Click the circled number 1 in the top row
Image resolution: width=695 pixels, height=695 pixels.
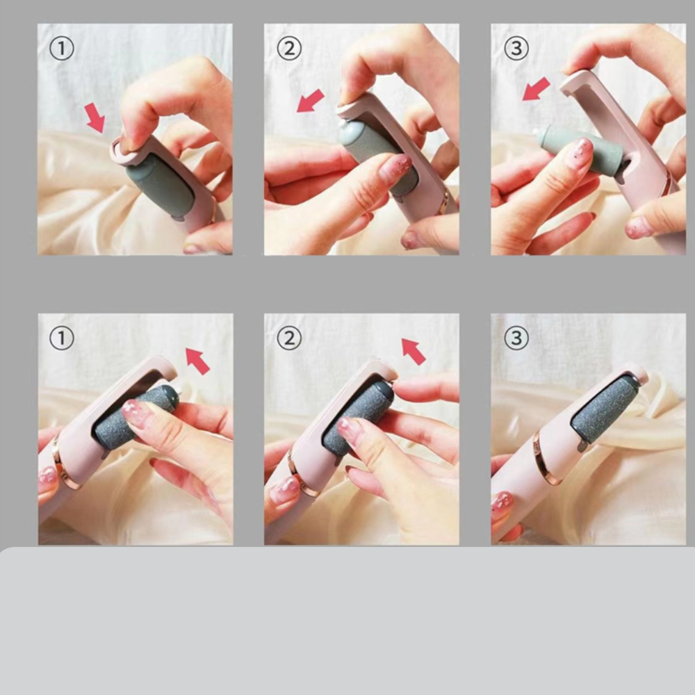click(x=62, y=49)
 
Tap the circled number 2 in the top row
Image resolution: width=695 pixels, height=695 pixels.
click(x=289, y=49)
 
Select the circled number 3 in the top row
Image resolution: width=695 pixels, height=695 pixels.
click(x=516, y=49)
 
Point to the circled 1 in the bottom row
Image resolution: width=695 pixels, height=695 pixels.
click(x=62, y=338)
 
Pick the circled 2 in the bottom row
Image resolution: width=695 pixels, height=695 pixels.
click(x=289, y=338)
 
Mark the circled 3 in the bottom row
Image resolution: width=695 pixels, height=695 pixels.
click(x=516, y=338)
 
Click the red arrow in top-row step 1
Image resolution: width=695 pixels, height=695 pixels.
click(x=95, y=117)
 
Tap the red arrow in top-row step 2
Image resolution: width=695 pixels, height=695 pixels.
click(x=310, y=101)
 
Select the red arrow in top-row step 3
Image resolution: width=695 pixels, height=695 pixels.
click(x=537, y=89)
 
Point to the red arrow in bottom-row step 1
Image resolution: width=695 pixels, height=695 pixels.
click(x=197, y=361)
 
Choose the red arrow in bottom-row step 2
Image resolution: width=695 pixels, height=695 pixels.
click(x=413, y=352)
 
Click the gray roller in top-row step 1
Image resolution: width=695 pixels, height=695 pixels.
click(x=161, y=184)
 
